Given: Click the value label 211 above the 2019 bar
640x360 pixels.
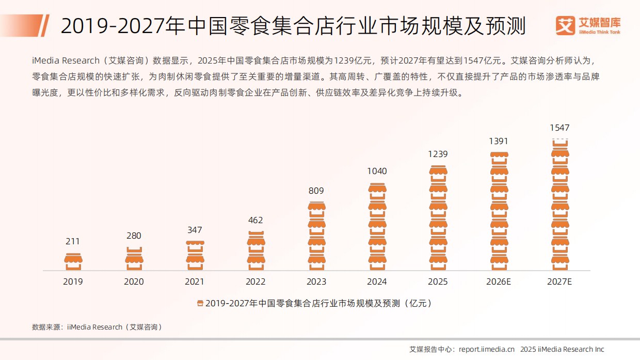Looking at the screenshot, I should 73,241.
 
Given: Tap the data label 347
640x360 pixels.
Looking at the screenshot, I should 195,230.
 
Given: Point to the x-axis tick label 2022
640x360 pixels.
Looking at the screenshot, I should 255,281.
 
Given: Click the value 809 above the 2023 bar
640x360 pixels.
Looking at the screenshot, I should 316,191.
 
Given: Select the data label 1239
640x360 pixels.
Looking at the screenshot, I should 438,154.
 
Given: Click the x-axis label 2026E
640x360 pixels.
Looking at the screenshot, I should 499,281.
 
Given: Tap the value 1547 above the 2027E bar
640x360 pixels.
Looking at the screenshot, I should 559,128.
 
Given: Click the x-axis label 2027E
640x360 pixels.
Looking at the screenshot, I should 559,281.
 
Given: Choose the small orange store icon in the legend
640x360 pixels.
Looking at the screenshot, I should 200,304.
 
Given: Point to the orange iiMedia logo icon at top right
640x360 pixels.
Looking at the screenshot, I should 565,25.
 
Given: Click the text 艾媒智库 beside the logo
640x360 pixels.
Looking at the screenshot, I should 600,22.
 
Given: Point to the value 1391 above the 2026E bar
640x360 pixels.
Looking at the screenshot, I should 499,141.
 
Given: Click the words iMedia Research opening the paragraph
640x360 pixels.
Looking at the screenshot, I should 66,60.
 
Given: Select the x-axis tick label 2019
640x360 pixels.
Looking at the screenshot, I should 73,281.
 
